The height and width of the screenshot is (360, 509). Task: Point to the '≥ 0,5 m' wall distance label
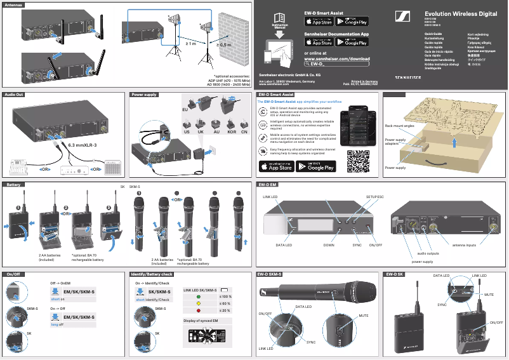click(x=225, y=44)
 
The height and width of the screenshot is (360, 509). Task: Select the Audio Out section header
click(x=15, y=95)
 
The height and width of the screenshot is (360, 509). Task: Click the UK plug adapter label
click(x=201, y=131)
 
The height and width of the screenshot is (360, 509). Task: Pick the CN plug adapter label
click(x=244, y=131)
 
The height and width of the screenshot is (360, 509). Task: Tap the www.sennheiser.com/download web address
click(x=337, y=58)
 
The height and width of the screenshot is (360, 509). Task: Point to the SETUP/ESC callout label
click(x=375, y=197)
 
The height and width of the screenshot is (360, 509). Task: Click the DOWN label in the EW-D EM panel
click(x=328, y=244)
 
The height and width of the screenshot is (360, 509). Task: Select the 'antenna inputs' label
click(x=467, y=244)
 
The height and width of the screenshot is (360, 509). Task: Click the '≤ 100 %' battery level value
click(x=225, y=296)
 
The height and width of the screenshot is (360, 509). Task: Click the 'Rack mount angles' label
click(x=399, y=126)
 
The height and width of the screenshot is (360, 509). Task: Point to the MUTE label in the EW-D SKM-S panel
click(x=363, y=316)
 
